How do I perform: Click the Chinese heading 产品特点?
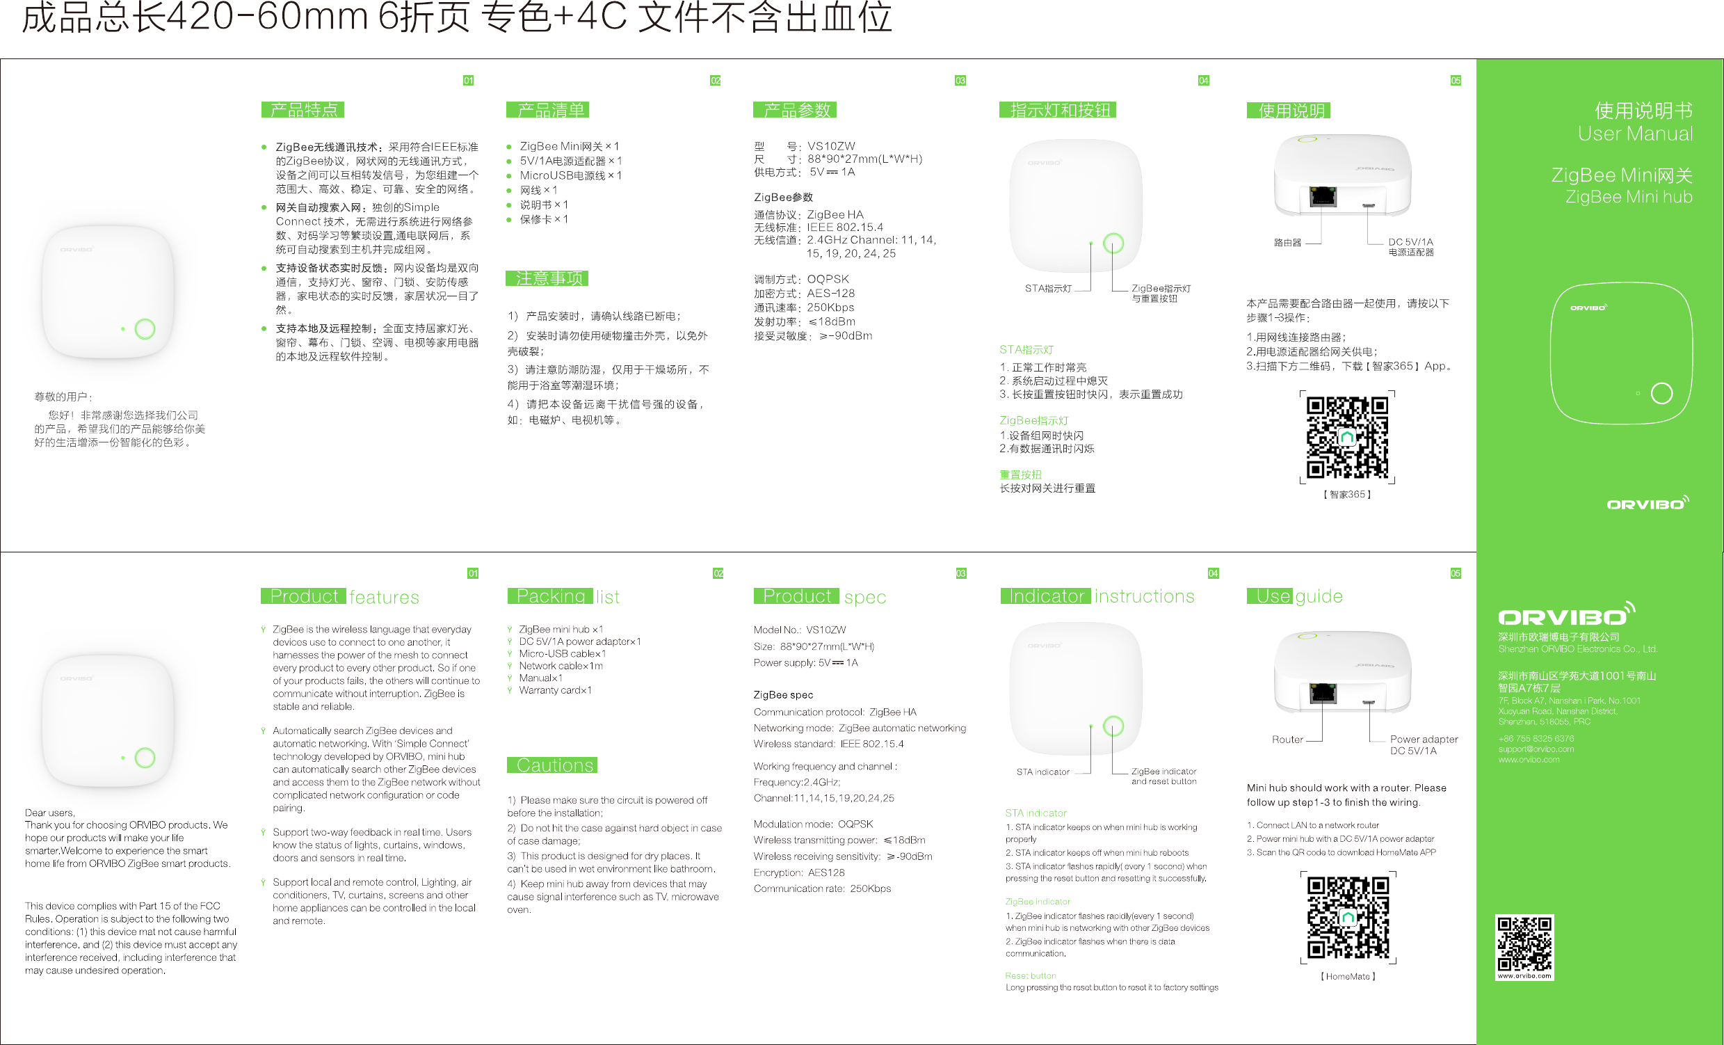[303, 110]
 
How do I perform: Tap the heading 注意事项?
[548, 278]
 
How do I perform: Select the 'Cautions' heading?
[554, 765]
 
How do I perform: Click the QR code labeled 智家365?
[1347, 438]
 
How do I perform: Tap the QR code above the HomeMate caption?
[1348, 918]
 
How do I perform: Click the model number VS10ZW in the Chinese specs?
[830, 146]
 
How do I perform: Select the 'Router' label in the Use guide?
[1287, 739]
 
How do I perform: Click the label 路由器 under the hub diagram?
[1287, 243]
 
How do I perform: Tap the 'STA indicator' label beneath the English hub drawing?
[1042, 772]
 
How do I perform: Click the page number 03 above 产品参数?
[960, 81]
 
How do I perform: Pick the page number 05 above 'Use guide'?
[1456, 573]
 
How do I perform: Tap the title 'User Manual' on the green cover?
[1634, 134]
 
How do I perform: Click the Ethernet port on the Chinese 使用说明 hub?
[1323, 197]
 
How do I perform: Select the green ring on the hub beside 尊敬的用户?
[145, 329]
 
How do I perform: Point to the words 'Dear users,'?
[49, 813]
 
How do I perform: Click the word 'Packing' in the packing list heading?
[550, 596]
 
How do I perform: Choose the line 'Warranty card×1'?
[555, 690]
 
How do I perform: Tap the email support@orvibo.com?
[1536, 749]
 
